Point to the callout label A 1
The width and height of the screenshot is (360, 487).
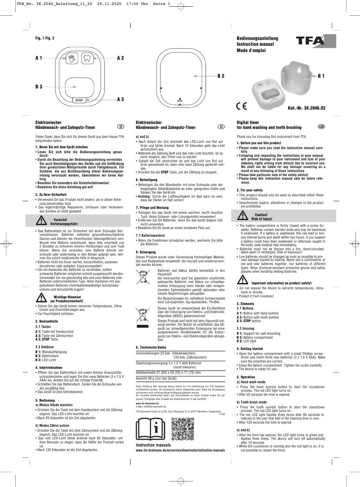(39, 58)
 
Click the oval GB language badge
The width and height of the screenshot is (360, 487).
(321, 128)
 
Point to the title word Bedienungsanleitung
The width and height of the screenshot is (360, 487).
(257, 39)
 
